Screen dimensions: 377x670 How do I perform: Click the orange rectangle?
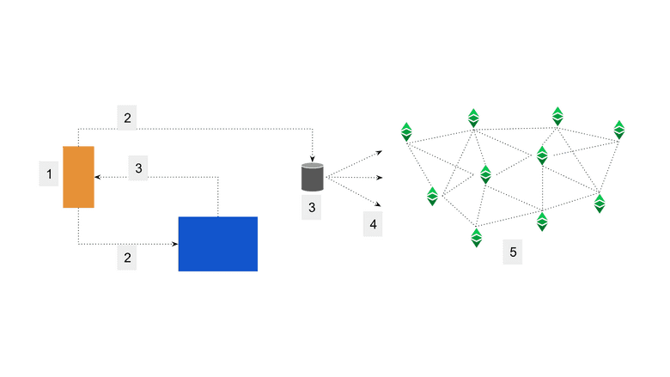(x=78, y=177)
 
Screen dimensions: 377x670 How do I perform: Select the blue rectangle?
(x=217, y=244)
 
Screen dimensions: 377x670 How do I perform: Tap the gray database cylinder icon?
(x=312, y=177)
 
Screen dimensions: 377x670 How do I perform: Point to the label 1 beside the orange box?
(x=49, y=175)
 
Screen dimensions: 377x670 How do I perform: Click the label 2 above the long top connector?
(x=127, y=117)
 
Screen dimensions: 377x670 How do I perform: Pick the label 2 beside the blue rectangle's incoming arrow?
(x=127, y=258)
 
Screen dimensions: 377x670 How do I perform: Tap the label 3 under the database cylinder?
(x=312, y=206)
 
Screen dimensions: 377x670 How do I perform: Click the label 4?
(x=372, y=225)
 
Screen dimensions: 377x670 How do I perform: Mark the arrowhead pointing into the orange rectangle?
(x=97, y=177)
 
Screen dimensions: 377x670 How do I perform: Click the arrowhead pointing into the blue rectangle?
(x=174, y=244)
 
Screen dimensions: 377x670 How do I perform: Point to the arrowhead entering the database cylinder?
(x=312, y=158)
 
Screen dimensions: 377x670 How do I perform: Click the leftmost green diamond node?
(x=407, y=132)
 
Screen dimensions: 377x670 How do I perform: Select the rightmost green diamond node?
(x=619, y=130)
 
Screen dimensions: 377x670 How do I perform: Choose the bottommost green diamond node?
(x=476, y=238)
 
